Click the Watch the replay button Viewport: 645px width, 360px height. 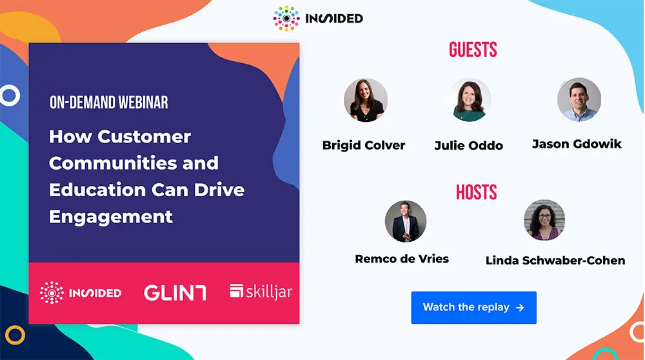(x=473, y=307)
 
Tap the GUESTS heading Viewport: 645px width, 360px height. (x=473, y=50)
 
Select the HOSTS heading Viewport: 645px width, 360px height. (x=477, y=192)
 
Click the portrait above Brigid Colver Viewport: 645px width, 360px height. (x=366, y=100)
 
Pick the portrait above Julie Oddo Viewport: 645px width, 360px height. (x=470, y=100)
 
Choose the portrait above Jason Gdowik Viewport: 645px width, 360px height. (x=579, y=99)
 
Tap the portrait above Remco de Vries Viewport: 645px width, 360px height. (x=406, y=221)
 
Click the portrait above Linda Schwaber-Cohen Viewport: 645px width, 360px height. (x=544, y=220)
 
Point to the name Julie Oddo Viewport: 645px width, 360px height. (x=469, y=145)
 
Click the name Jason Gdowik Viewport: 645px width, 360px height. (x=577, y=144)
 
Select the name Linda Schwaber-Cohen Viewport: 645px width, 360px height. (x=555, y=261)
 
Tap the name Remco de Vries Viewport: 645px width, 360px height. (x=402, y=259)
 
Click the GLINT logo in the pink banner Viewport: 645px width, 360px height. (x=175, y=293)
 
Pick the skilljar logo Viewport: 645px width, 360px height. (x=261, y=292)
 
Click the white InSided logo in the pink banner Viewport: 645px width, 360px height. (x=81, y=292)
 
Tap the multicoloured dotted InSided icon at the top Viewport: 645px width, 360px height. (x=286, y=19)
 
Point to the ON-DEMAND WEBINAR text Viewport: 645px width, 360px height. (x=108, y=103)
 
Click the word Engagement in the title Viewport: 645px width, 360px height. (x=111, y=217)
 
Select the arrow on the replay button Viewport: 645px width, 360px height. (x=520, y=308)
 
